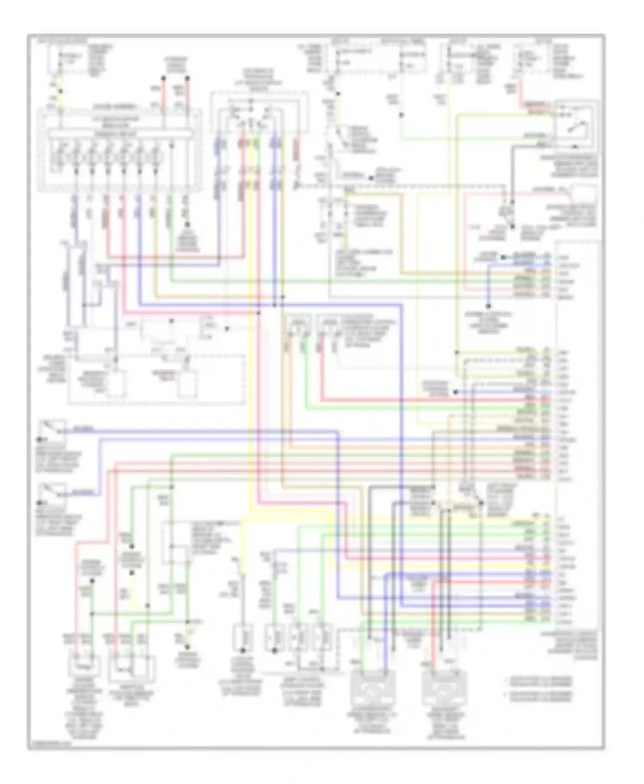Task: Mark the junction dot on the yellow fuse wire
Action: (61, 91)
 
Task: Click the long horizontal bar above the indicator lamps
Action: (120, 134)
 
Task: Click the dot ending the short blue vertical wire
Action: (489, 306)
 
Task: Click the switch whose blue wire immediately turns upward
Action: (53, 493)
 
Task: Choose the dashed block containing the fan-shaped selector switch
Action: (258, 113)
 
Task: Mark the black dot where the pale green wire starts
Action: (401, 115)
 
